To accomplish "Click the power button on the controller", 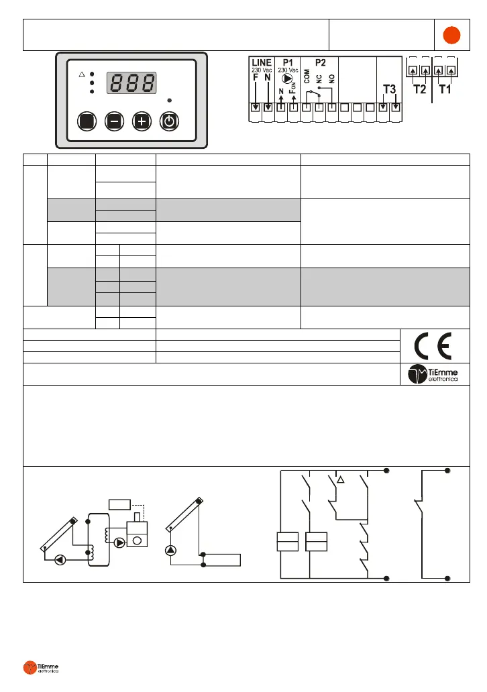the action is (x=169, y=121).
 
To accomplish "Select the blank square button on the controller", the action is (x=87, y=121).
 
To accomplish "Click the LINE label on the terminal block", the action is (x=261, y=62).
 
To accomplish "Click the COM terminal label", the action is (x=307, y=79).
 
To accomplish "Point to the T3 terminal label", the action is (x=389, y=89).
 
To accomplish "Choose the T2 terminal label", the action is (x=419, y=89).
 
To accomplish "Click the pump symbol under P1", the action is (x=287, y=78).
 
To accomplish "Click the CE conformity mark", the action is (x=432, y=346).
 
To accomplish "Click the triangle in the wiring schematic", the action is (x=340, y=479).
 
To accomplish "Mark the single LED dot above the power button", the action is (x=169, y=101).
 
